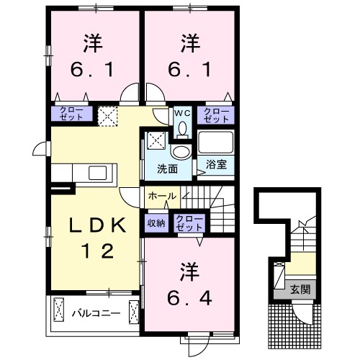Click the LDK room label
(x=99, y=226)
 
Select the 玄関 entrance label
(x=301, y=290)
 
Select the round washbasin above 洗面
(x=181, y=151)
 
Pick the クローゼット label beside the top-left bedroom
(x=71, y=114)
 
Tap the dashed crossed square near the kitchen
(x=108, y=114)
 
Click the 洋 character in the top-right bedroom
(x=189, y=44)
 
